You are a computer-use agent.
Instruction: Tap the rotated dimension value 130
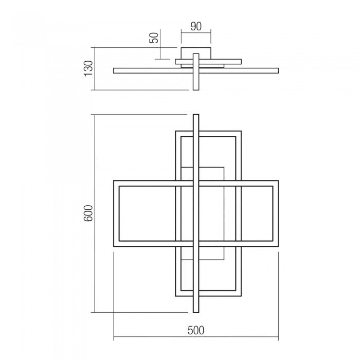pyautogui.click(x=88, y=68)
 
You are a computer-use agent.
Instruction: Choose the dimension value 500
pyautogui.click(x=195, y=330)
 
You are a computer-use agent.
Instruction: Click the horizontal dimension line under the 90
pyautogui.click(x=195, y=34)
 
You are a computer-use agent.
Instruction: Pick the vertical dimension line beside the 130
pyautogui.click(x=96, y=68)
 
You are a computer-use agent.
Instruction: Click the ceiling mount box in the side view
pyautogui.click(x=195, y=53)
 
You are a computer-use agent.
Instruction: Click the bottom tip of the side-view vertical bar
pyautogui.click(x=195, y=88)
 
